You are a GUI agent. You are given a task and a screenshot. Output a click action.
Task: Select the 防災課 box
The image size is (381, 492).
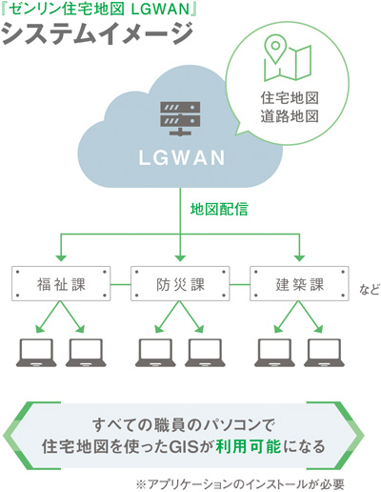[181, 284]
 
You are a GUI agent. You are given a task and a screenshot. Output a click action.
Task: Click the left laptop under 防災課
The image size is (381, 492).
[156, 353]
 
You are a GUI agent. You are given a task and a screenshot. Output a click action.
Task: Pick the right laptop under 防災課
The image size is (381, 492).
[205, 353]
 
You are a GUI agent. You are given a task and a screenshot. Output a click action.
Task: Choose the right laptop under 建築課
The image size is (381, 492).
[325, 353]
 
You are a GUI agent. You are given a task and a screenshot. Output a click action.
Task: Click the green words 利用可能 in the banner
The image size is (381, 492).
[273, 445]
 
